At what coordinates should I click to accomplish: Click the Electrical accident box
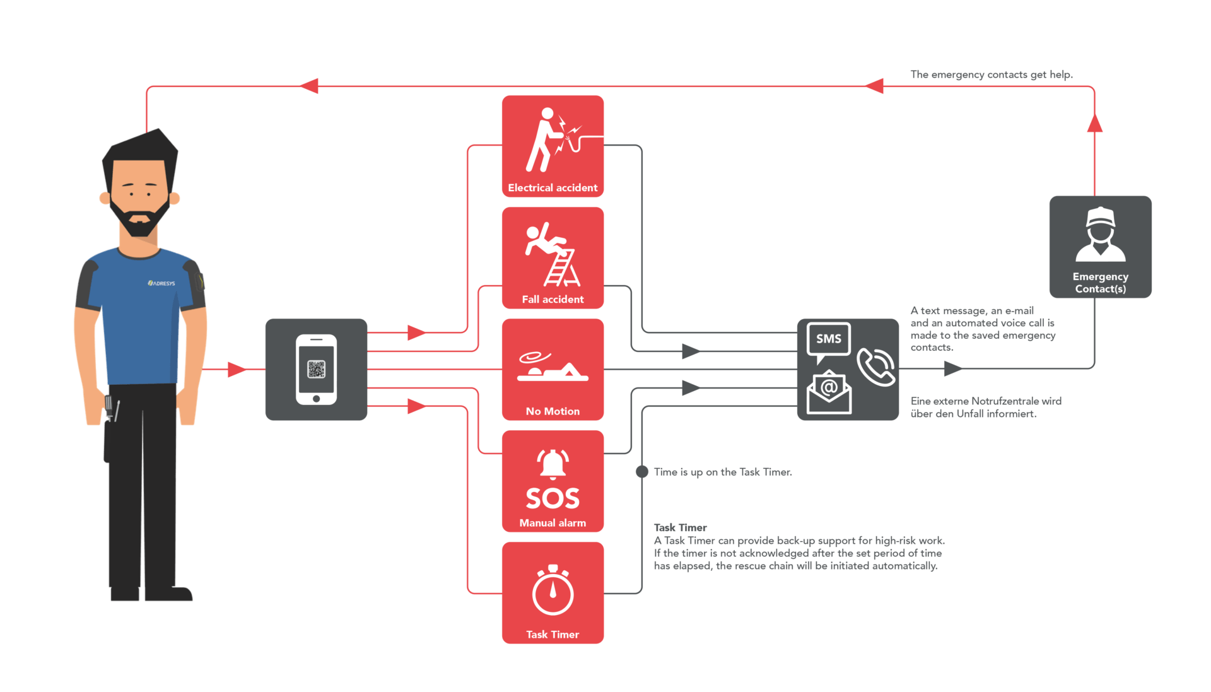click(553, 146)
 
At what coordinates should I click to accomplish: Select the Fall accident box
click(553, 258)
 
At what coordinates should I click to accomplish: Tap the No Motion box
click(553, 370)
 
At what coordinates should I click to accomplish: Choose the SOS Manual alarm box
click(553, 481)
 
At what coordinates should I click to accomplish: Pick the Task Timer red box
click(553, 593)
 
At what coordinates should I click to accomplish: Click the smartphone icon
click(316, 370)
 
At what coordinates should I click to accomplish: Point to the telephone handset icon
click(875, 367)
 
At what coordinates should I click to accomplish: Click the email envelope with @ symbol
click(829, 392)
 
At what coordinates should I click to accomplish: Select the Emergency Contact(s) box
click(1101, 247)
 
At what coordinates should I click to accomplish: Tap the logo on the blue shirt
click(161, 283)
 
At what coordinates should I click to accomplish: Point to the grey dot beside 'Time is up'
click(642, 472)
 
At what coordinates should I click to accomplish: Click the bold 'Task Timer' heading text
click(680, 527)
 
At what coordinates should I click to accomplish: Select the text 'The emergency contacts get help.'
click(992, 74)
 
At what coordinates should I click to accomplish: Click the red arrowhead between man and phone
click(237, 370)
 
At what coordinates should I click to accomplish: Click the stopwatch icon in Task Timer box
click(553, 590)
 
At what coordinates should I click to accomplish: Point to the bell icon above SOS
click(553, 464)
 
